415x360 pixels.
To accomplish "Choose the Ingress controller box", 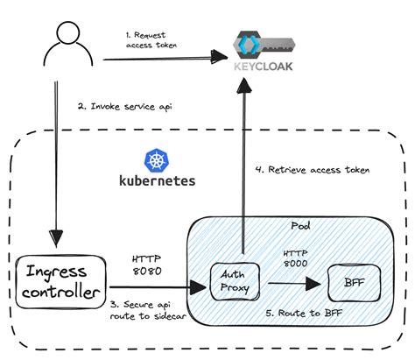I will [60, 283].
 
